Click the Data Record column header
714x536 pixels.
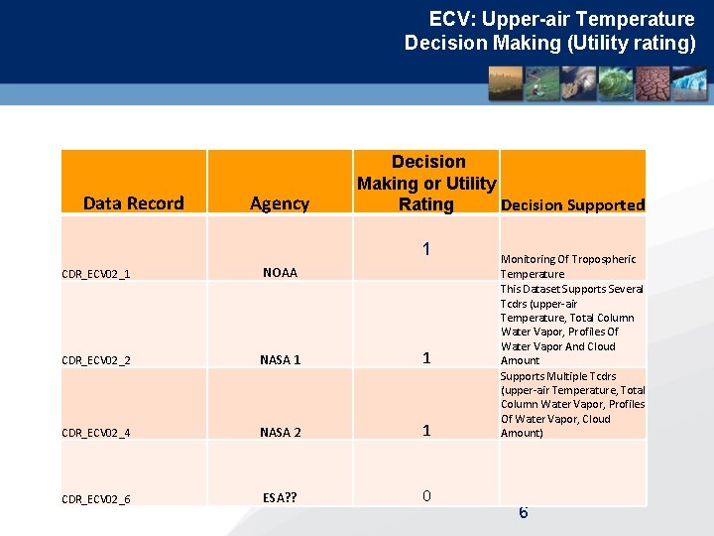tap(133, 203)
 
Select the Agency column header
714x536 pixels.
tap(279, 203)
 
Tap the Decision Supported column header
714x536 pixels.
tap(573, 205)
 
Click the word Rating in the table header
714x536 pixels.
tap(425, 204)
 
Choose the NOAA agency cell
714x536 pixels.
tap(280, 272)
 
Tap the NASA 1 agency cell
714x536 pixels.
tap(280, 359)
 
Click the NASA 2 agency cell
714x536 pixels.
tap(280, 432)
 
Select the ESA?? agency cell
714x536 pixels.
tap(280, 497)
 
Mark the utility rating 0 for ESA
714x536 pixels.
tap(425, 495)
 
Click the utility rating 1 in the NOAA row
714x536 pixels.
tap(425, 249)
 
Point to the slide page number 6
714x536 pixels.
tap(523, 512)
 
